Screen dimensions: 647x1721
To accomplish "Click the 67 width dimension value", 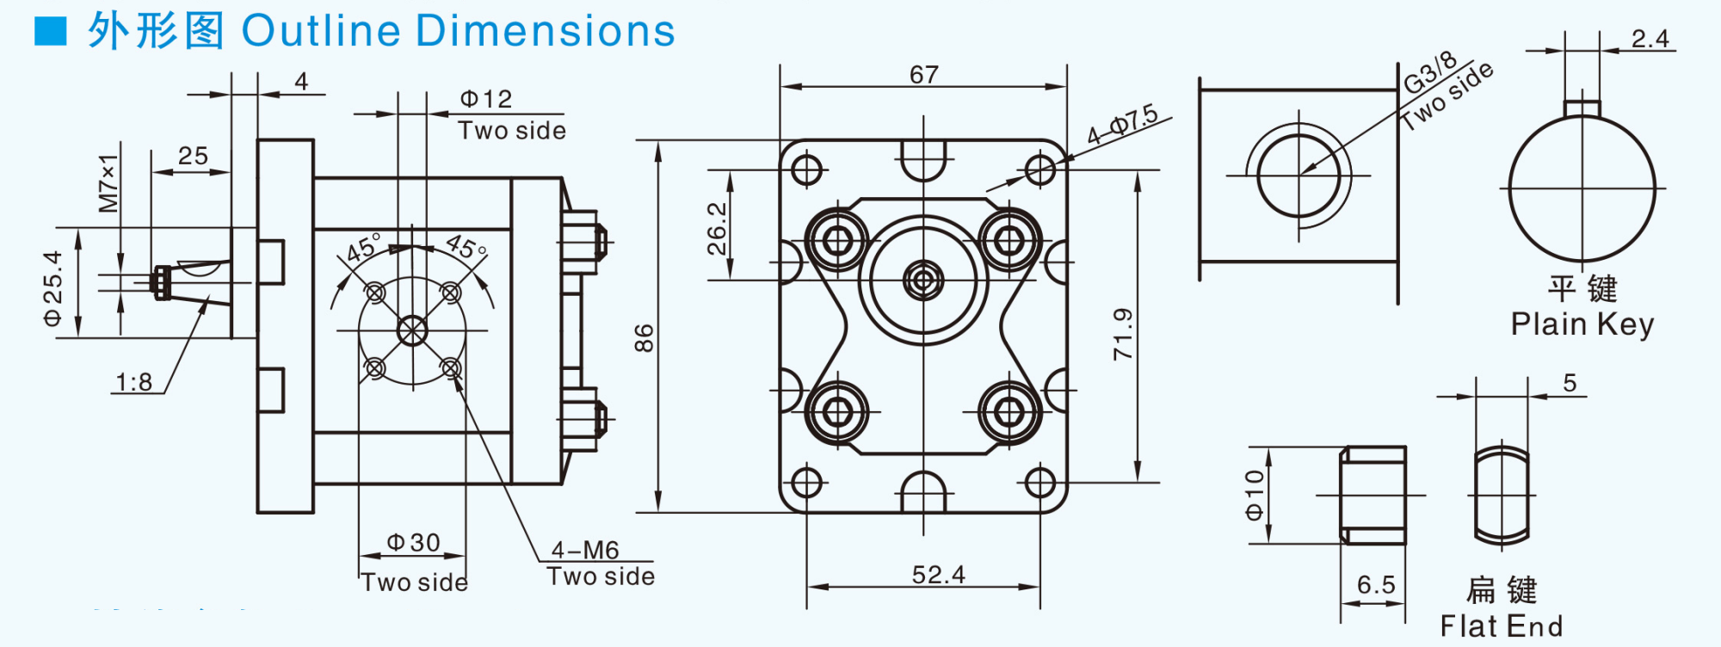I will (923, 75).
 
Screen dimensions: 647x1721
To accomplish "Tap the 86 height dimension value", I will (645, 338).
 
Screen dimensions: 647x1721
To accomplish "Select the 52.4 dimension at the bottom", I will (938, 575).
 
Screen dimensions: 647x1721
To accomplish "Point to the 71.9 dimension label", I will (1123, 334).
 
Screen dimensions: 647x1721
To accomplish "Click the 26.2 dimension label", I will (717, 229).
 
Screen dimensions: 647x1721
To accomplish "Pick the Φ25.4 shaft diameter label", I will (53, 288).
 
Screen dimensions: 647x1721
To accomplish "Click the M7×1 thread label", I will (108, 183).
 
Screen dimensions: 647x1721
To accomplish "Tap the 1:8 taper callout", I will (133, 382).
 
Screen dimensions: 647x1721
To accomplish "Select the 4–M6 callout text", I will (585, 550).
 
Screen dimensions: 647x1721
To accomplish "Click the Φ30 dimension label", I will (413, 543).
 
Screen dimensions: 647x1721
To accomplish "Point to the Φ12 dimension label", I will (486, 99).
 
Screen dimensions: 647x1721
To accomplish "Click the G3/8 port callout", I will (1430, 73).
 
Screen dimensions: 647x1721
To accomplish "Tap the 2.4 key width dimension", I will (1650, 39).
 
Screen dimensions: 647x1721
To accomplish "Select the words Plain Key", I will (1582, 324).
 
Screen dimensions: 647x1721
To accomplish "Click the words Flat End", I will (1502, 626).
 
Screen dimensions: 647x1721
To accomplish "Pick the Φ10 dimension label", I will (1255, 495).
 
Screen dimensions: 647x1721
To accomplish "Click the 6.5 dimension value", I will (1375, 585).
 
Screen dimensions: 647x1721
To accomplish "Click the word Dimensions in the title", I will (546, 31).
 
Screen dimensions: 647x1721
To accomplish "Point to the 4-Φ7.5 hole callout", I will (1121, 126).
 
